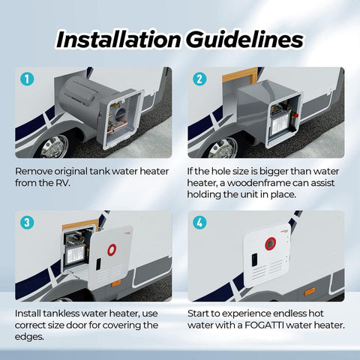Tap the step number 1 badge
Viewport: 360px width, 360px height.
27,79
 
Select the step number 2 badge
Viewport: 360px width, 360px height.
199,79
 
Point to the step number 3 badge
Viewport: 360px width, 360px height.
27,223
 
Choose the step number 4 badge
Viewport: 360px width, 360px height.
199,223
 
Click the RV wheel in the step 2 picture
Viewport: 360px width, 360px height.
223,145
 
